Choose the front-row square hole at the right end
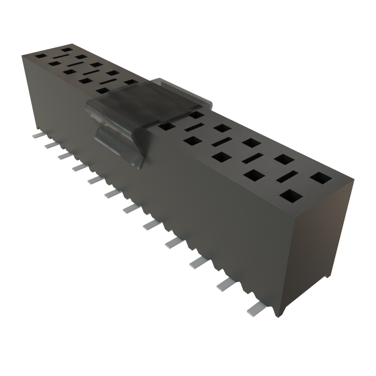291,196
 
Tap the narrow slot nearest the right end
287,177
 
